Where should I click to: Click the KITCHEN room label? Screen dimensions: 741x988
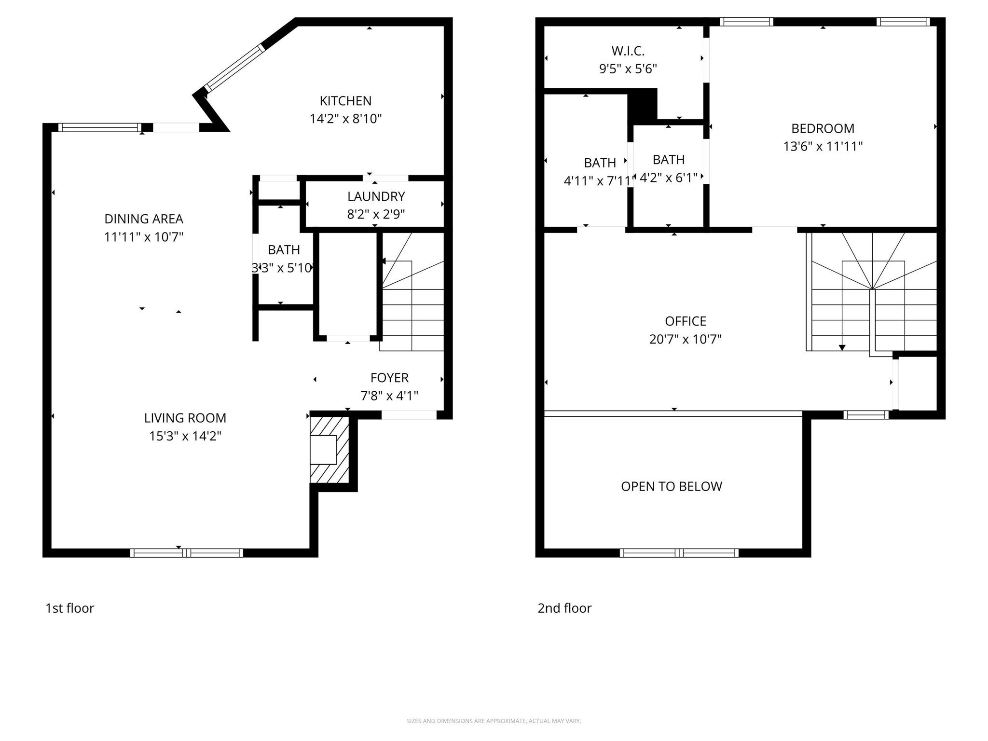[345, 101]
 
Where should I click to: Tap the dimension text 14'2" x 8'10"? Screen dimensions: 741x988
[345, 119]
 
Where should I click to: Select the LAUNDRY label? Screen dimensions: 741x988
[376, 196]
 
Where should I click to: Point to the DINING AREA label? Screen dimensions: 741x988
[144, 219]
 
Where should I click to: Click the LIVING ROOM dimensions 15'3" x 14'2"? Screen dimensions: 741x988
[185, 436]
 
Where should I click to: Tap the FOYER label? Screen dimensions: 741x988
[389, 378]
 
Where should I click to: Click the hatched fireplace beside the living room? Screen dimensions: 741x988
[329, 450]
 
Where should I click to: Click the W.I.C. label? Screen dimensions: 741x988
[628, 51]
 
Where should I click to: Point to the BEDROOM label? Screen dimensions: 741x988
[823, 128]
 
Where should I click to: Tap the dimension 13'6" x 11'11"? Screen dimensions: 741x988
[823, 146]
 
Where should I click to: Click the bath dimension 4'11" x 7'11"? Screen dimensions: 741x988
[598, 181]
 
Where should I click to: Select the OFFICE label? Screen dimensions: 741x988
[685, 321]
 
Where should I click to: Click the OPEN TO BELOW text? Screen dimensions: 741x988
[671, 486]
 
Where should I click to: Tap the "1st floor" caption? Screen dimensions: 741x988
[69, 608]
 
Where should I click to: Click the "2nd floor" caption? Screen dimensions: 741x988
[564, 608]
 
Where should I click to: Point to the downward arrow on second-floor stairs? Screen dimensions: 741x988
[842, 347]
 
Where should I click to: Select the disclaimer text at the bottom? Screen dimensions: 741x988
[494, 721]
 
